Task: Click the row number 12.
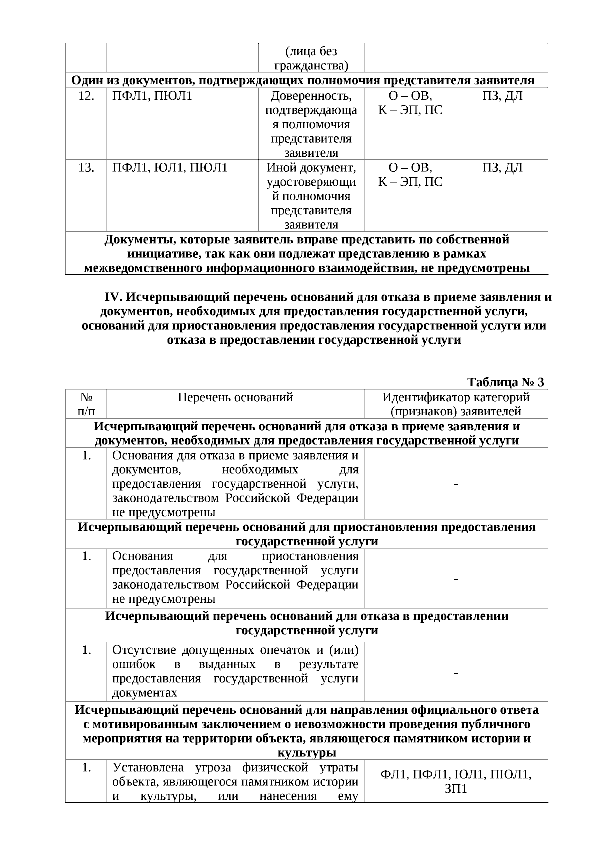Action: [x=86, y=96]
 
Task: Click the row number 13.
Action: [x=86, y=168]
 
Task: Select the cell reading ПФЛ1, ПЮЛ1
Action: [x=152, y=96]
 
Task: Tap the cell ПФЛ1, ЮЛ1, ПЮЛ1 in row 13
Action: [x=170, y=168]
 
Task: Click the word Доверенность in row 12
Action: [x=311, y=96]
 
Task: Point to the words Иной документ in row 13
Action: [x=311, y=168]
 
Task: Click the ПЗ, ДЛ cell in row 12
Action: [x=502, y=96]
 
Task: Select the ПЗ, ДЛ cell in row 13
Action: [x=502, y=168]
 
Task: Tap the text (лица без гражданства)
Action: [x=311, y=58]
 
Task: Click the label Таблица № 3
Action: [x=505, y=383]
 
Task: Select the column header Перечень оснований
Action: [x=235, y=398]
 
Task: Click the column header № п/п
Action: [x=86, y=404]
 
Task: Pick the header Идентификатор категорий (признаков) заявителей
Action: [x=456, y=404]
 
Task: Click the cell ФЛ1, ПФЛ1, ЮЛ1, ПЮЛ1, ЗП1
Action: [x=456, y=782]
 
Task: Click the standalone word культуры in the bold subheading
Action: [x=306, y=753]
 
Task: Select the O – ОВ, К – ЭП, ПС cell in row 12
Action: [x=410, y=103]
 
